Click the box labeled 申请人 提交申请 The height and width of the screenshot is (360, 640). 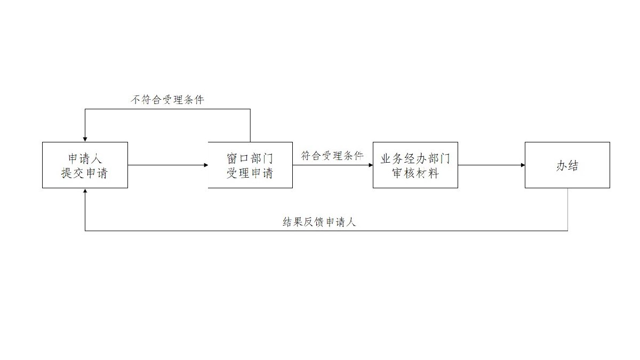click(x=85, y=165)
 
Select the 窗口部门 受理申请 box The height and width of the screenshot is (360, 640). click(x=250, y=165)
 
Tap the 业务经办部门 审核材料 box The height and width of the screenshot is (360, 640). click(x=415, y=165)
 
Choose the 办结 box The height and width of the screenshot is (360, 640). click(x=567, y=165)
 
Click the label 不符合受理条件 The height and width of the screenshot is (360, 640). click(x=167, y=100)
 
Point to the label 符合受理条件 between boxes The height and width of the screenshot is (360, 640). click(x=332, y=156)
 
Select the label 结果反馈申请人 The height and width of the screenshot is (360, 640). click(x=319, y=222)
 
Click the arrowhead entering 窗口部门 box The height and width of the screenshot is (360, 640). click(x=206, y=165)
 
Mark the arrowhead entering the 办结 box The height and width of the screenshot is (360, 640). click(x=523, y=165)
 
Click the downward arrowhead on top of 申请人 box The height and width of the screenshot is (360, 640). click(x=85, y=139)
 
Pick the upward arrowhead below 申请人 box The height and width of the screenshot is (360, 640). click(x=85, y=191)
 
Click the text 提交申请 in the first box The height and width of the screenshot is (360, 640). click(x=85, y=173)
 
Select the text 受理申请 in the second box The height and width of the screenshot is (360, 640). click(x=250, y=173)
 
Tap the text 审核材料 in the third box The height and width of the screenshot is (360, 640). click(x=415, y=173)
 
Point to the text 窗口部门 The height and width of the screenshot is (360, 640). click(x=250, y=158)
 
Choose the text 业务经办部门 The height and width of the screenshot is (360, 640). click(x=415, y=158)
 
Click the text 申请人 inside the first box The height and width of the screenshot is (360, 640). click(x=85, y=158)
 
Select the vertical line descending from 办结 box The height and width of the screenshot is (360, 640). click(x=567, y=209)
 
